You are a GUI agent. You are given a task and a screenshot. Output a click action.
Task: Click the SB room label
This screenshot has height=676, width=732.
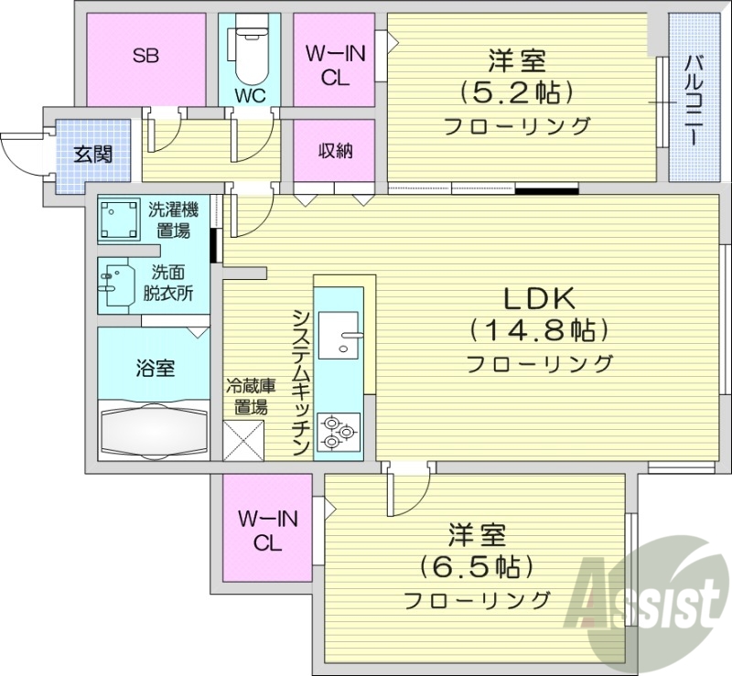pyautogui.click(x=145, y=56)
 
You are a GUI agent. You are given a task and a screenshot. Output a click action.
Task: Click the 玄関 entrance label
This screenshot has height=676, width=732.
pyautogui.click(x=93, y=154)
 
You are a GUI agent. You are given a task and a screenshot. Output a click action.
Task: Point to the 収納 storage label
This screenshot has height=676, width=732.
pyautogui.click(x=335, y=152)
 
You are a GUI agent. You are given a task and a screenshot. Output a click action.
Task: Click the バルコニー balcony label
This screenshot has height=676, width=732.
pyautogui.click(x=693, y=98)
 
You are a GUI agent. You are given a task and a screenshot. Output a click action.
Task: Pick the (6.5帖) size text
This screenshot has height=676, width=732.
pyautogui.click(x=477, y=566)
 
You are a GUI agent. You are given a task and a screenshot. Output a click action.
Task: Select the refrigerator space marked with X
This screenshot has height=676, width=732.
pyautogui.click(x=243, y=439)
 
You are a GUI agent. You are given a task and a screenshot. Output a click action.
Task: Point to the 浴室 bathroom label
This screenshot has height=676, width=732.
pyautogui.click(x=156, y=369)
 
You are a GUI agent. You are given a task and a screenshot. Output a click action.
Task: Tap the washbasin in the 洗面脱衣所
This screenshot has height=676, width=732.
pyautogui.click(x=115, y=284)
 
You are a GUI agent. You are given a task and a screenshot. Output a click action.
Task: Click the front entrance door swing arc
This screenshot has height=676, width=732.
pyautogui.click(x=20, y=151)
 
